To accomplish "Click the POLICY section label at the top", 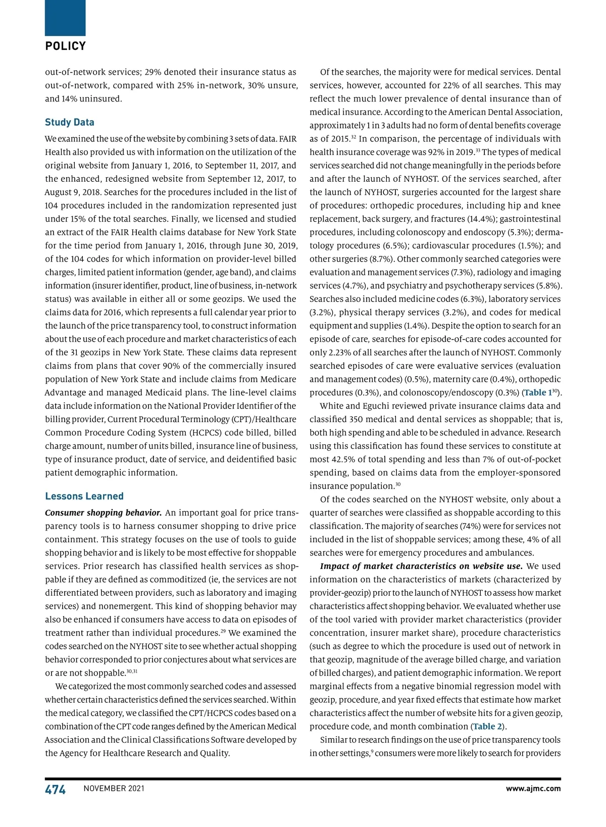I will pyautogui.click(x=65, y=46).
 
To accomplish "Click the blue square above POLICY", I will pyautogui.click(x=65, y=18).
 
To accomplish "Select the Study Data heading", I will pyautogui.click(x=69, y=122).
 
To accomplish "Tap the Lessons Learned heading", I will pyautogui.click(x=84, y=496).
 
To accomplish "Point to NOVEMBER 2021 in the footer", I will pyautogui.click(x=114, y=789).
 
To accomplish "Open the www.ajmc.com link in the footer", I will pyautogui.click(x=533, y=789).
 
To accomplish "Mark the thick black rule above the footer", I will pyautogui.click(x=302, y=779).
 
